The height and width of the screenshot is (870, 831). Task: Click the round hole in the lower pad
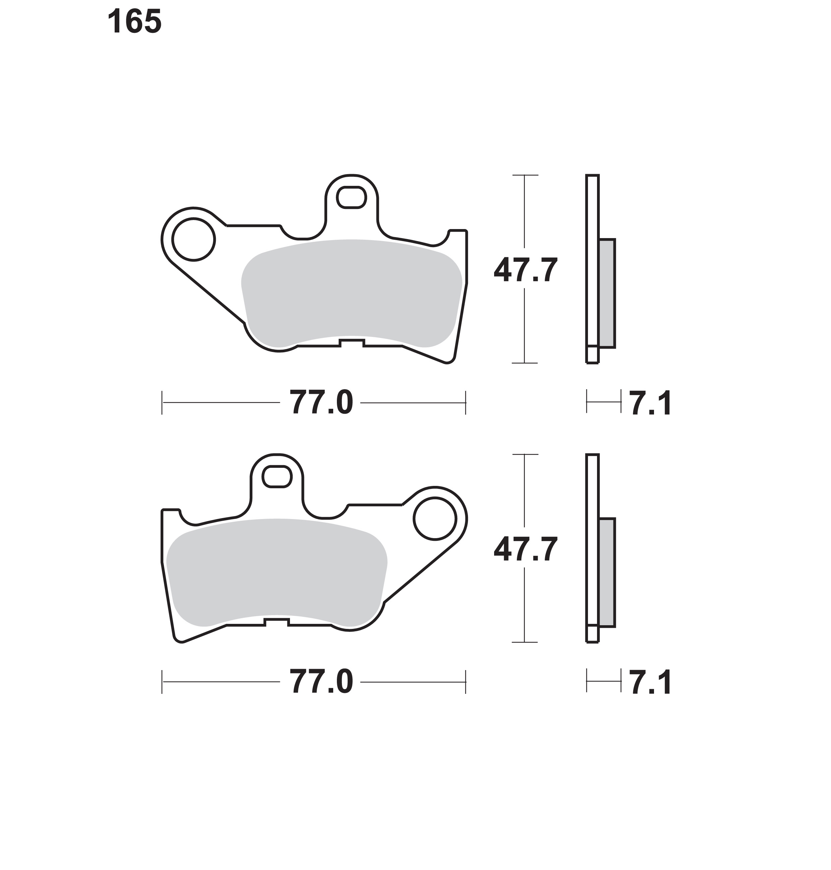[435, 519]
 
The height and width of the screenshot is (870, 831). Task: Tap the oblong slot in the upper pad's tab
[351, 197]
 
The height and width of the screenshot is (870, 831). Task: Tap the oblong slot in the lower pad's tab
[277, 477]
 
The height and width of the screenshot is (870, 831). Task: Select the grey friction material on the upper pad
[351, 293]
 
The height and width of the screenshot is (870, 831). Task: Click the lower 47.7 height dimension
[525, 549]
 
